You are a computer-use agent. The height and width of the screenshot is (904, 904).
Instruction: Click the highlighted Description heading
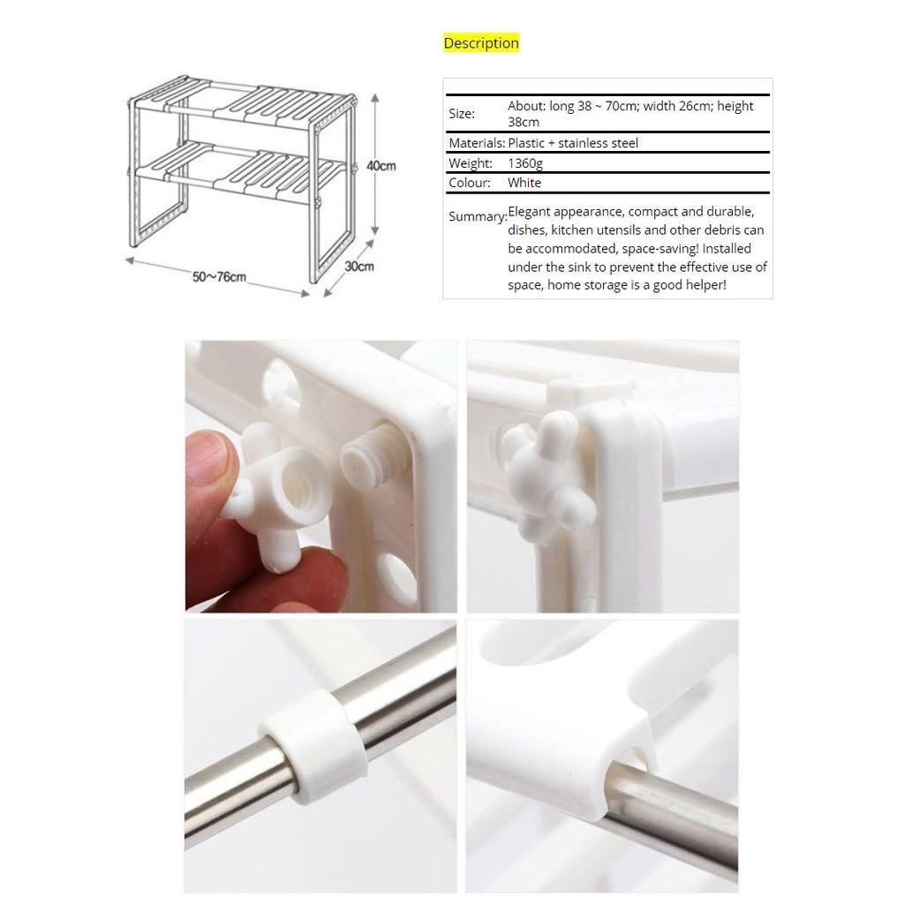point(481,43)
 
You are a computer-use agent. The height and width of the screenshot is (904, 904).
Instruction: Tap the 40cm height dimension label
point(381,165)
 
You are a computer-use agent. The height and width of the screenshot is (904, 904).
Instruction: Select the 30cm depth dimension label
point(358,266)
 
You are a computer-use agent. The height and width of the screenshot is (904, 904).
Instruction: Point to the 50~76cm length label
point(220,276)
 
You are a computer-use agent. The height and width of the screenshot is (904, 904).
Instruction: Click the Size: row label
point(462,113)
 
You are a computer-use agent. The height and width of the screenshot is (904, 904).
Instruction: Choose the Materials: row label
point(477,143)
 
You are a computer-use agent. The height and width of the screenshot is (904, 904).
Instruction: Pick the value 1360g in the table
point(525,163)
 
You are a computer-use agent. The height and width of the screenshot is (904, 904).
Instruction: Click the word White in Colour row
point(524,183)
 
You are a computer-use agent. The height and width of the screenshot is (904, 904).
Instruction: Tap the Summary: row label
point(477,216)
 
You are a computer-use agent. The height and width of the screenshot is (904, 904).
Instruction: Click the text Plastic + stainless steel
point(573,143)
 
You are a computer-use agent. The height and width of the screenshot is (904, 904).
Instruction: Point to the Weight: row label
point(471,163)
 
